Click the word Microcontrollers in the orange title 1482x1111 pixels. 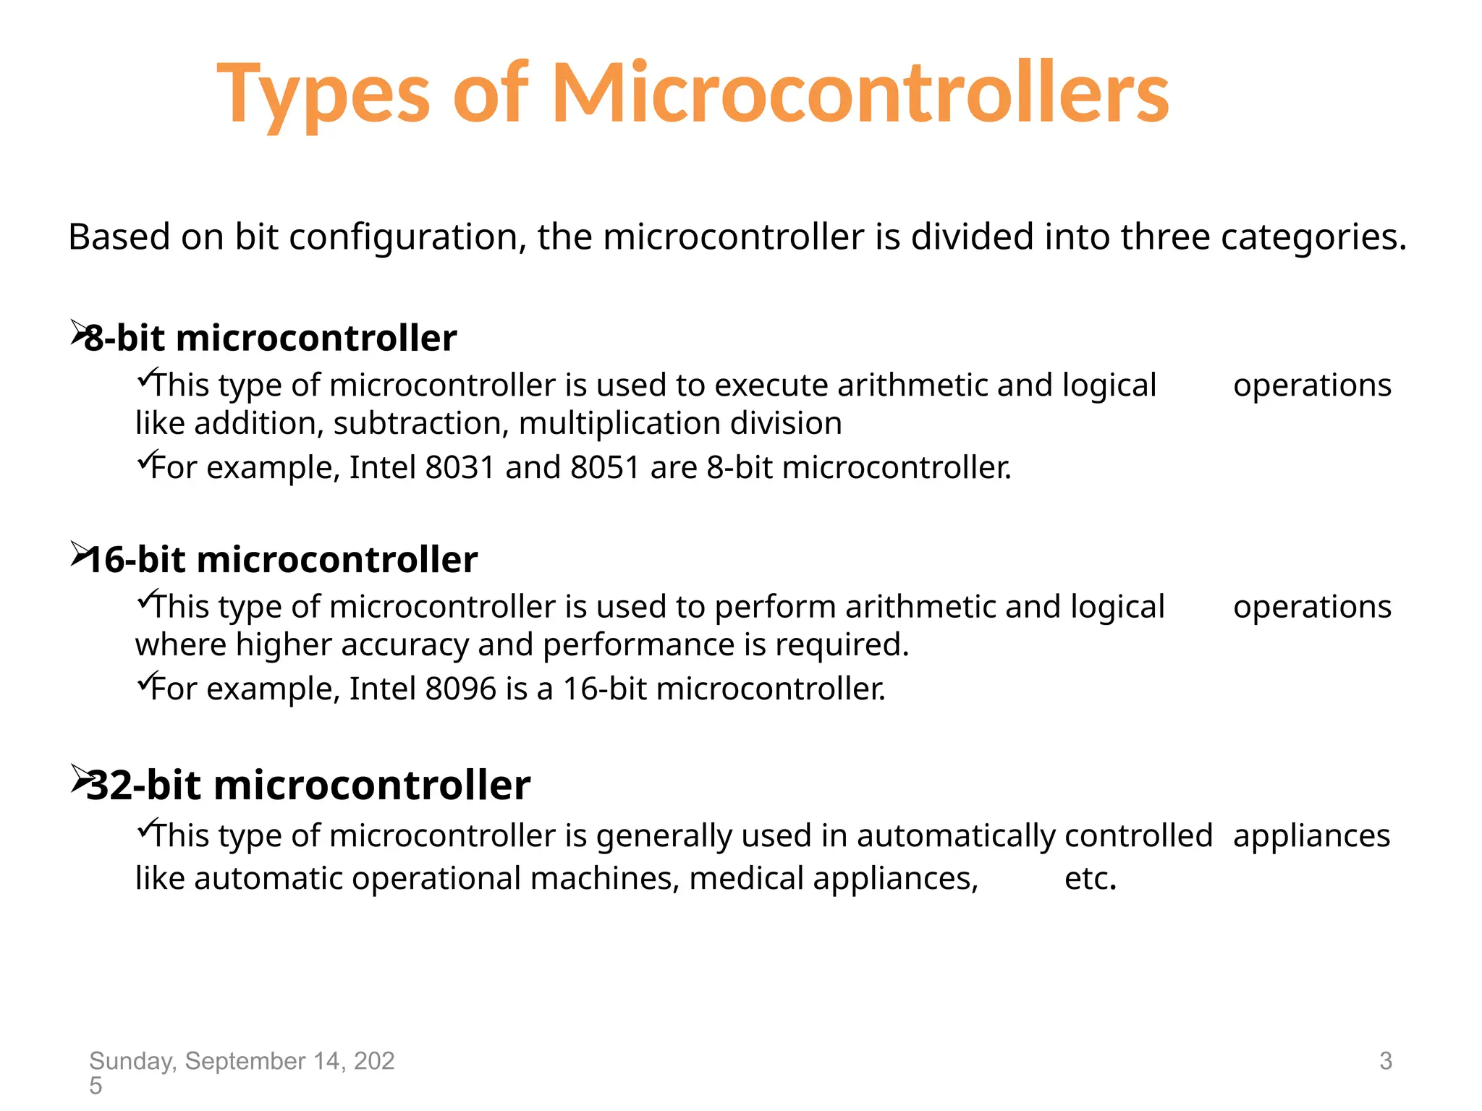tap(860, 94)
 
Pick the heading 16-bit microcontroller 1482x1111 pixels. tap(281, 560)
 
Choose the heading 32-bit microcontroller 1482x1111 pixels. tap(308, 786)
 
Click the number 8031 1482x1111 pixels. tap(460, 468)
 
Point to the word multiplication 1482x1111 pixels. tap(619, 424)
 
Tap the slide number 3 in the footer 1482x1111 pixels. tap(1385, 1061)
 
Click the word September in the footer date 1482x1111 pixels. tap(245, 1061)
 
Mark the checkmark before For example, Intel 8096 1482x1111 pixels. tap(147, 681)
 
